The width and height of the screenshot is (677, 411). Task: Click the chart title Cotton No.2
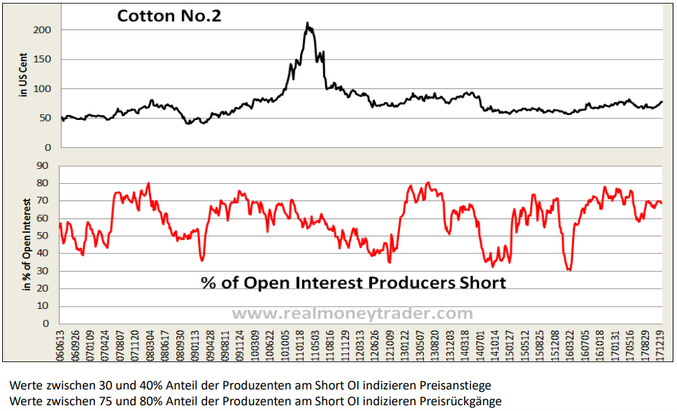coord(169,15)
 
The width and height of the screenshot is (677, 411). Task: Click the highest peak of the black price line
coord(307,23)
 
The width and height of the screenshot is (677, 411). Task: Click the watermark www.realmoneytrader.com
coord(352,313)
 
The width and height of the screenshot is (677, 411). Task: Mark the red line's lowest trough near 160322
coord(569,269)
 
